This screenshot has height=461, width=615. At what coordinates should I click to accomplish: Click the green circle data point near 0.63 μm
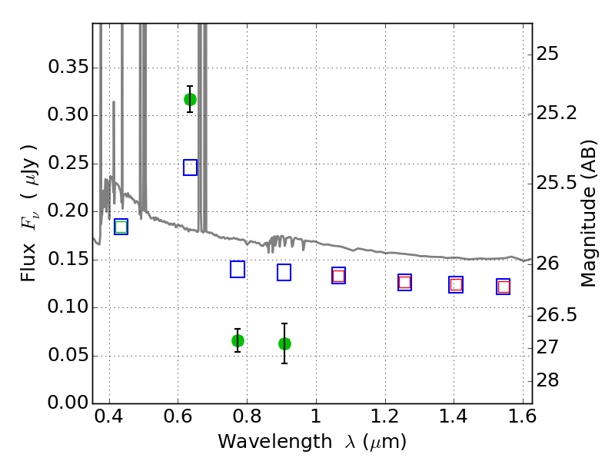(x=190, y=100)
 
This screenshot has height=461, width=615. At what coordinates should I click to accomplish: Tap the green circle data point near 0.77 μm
(x=238, y=340)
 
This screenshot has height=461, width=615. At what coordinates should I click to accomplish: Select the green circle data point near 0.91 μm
(x=284, y=343)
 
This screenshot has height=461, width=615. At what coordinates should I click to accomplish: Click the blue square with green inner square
(x=121, y=227)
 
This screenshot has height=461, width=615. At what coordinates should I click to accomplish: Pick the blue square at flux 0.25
(x=190, y=167)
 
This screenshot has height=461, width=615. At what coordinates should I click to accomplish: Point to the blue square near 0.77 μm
(x=238, y=269)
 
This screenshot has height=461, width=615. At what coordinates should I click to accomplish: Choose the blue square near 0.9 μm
(x=284, y=272)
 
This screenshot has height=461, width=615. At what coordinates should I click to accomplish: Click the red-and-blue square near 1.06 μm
(x=338, y=276)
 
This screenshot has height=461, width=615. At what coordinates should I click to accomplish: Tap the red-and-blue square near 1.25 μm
(x=405, y=282)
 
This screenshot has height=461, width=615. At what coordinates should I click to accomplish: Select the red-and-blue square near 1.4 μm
(x=456, y=284)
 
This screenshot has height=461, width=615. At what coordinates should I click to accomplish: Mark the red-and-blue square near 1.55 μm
(x=504, y=287)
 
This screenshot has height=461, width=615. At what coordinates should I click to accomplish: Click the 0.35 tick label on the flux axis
(x=68, y=67)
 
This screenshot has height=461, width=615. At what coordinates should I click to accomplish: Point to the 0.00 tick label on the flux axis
(x=68, y=403)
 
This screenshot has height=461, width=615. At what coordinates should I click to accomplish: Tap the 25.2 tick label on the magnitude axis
(x=557, y=113)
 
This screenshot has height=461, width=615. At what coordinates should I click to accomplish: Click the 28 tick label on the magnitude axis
(x=547, y=380)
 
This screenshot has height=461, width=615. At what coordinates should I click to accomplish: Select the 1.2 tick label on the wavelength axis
(x=385, y=416)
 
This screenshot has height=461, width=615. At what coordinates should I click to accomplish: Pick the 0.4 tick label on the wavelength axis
(x=109, y=416)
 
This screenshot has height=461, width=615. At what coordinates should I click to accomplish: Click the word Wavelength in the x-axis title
(x=275, y=441)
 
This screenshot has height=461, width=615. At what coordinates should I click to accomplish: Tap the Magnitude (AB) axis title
(x=587, y=214)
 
